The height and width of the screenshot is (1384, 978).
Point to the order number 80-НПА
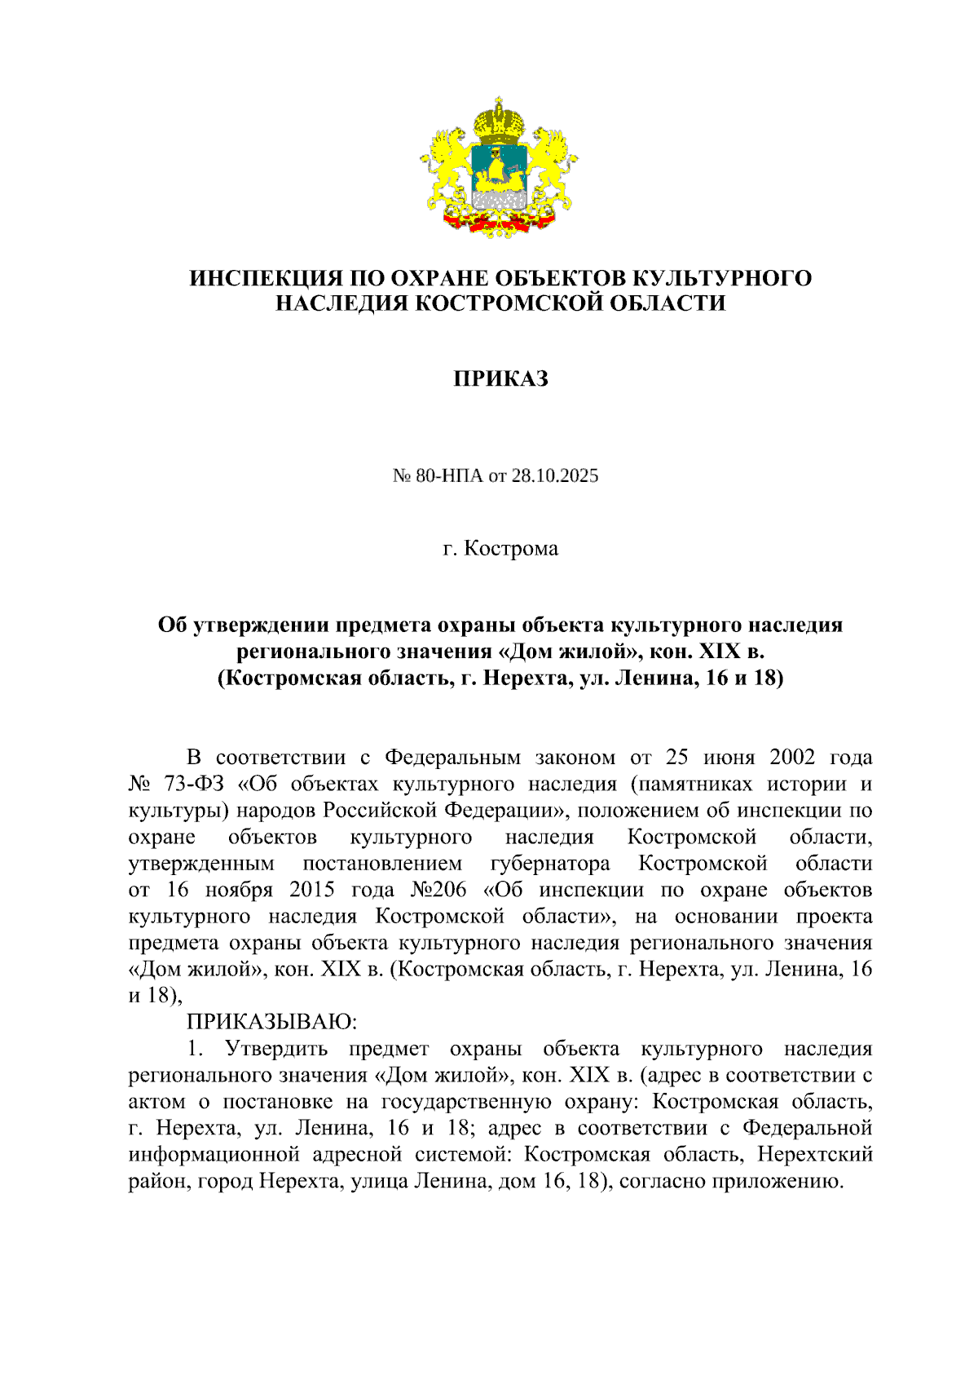click(449, 475)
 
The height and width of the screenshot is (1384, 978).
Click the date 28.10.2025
click(555, 475)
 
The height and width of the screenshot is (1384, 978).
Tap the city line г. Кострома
click(500, 548)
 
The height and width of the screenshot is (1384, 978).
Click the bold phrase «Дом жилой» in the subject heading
click(566, 652)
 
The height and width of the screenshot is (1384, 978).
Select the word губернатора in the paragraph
click(550, 864)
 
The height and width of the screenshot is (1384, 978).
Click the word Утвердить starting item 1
click(276, 1049)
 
